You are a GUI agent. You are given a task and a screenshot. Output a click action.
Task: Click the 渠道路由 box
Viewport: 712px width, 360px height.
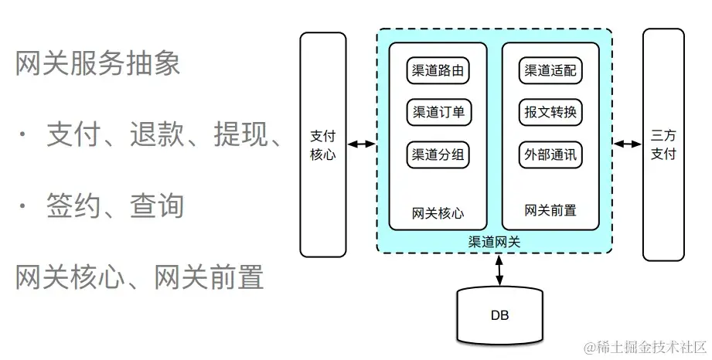[x=438, y=72]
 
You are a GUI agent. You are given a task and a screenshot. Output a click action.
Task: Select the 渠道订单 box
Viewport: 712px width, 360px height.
[x=438, y=113]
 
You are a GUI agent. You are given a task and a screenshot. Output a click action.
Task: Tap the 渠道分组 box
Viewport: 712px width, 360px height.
[x=438, y=155]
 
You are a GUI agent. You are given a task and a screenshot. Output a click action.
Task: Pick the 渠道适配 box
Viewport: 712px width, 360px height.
[x=550, y=72]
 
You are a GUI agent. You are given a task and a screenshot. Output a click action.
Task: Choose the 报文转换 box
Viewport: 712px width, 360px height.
[x=550, y=113]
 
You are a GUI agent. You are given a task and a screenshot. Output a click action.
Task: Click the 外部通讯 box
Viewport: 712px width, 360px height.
[x=550, y=155]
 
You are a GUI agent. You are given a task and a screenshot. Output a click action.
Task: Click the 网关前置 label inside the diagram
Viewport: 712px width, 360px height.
[x=550, y=210]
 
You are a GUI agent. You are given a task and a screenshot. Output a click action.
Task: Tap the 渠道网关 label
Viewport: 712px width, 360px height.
[x=495, y=242]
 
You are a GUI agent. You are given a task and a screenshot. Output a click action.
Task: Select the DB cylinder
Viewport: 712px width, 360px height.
[x=499, y=315]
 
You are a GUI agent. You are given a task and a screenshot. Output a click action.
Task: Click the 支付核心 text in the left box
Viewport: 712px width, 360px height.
[x=322, y=144]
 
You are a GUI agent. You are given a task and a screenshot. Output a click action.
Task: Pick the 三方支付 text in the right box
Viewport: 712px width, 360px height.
[x=663, y=144]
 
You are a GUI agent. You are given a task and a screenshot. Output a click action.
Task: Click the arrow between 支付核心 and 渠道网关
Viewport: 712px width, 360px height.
[x=361, y=144]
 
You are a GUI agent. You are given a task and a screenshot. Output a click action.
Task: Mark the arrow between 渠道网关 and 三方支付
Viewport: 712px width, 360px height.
[x=628, y=144]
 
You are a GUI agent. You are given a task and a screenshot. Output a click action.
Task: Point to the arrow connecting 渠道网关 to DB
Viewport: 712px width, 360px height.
[x=499, y=269]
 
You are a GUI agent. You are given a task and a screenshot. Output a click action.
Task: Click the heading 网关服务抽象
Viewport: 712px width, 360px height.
[x=97, y=64]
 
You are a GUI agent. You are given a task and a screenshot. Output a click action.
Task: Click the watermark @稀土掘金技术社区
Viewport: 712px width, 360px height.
[x=645, y=345]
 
